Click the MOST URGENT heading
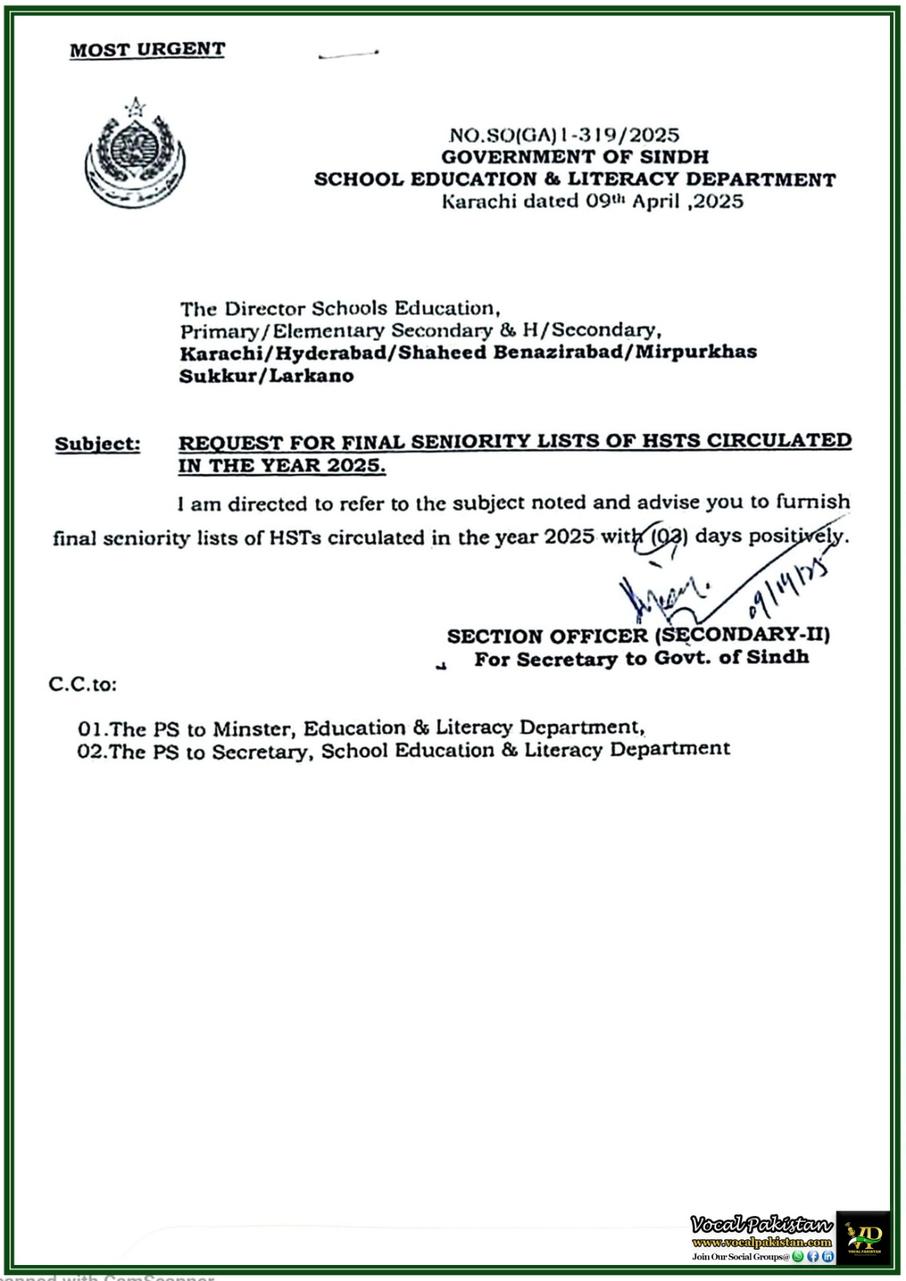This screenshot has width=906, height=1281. pos(147,50)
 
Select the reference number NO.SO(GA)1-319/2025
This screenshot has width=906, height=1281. pos(564,135)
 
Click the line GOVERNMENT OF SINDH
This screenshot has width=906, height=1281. pos(574,157)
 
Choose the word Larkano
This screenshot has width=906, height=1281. pos(312,376)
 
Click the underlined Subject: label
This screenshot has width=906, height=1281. pos(97,444)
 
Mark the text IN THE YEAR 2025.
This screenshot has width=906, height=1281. pos(281,466)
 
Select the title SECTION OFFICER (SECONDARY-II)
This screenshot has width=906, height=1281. pos(638,636)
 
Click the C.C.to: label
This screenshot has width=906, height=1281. pos(83,685)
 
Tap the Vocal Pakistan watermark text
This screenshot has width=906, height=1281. pos(761,1225)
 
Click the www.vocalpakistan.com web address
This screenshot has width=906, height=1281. pos(761,1243)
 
